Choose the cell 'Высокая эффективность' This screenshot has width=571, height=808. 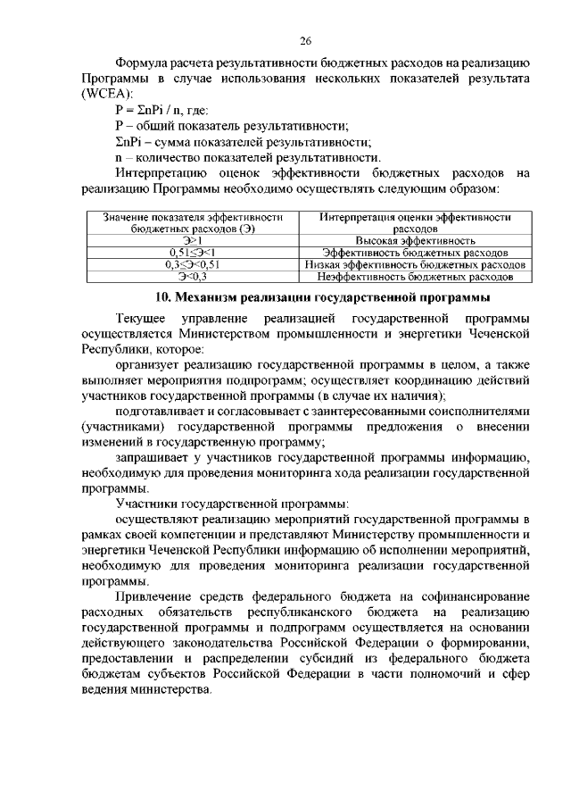[415, 241]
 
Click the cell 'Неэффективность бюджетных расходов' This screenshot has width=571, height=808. [415, 277]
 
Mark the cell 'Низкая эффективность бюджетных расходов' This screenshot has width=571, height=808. [415, 265]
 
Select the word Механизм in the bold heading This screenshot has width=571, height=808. [206, 296]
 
